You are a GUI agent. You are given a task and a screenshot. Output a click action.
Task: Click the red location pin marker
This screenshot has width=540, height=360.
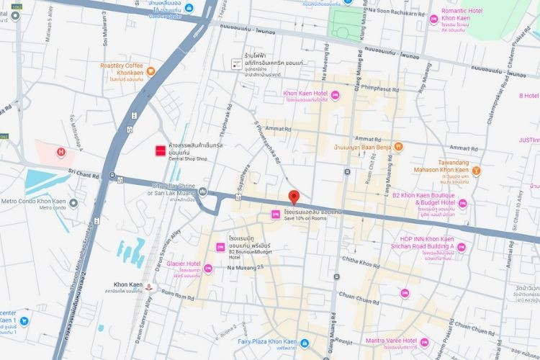pyautogui.click(x=293, y=197)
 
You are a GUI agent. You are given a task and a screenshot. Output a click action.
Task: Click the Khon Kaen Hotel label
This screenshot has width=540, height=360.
pyautogui.click(x=306, y=94)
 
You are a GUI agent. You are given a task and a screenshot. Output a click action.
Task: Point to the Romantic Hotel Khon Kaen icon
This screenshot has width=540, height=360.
pyautogui.click(x=433, y=19)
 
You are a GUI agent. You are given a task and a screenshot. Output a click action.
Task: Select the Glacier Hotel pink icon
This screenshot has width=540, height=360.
pyautogui.click(x=207, y=269)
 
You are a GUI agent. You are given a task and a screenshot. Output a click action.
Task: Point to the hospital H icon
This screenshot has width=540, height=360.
pyautogui.click(x=61, y=151)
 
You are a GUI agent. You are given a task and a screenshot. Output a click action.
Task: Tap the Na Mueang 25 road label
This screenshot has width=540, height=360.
pyautogui.click(x=250, y=268)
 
